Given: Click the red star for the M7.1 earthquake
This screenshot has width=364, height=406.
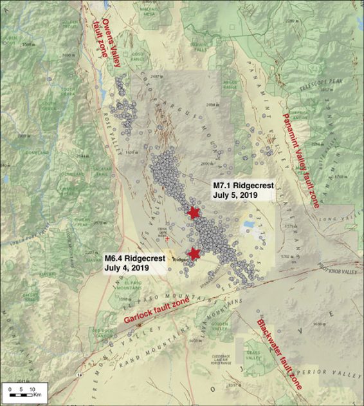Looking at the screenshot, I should [x=193, y=213].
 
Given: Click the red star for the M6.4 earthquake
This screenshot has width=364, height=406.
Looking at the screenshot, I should [x=195, y=253].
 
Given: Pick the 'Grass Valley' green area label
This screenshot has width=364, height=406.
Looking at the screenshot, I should [x=253, y=354].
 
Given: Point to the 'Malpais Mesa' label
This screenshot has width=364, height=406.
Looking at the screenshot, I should [x=146, y=11].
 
